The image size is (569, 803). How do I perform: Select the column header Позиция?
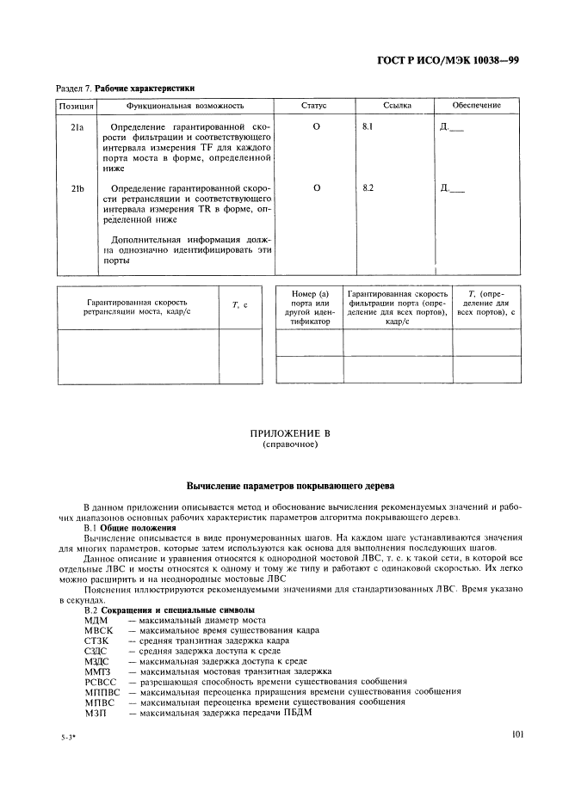click(x=75, y=106)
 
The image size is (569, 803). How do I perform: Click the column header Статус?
click(x=313, y=106)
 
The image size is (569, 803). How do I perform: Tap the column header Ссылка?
click(x=398, y=106)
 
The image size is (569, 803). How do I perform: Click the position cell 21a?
click(x=76, y=126)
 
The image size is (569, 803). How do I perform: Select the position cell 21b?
click(x=76, y=188)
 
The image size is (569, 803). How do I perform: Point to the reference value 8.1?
click(x=369, y=126)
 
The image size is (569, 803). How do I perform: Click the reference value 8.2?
click(x=369, y=188)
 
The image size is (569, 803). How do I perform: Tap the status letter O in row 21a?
click(x=316, y=126)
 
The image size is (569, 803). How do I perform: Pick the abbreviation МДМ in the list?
click(x=96, y=620)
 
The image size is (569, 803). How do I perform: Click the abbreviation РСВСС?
click(x=100, y=681)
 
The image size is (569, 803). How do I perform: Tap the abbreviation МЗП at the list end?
click(x=96, y=712)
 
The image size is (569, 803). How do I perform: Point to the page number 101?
click(x=517, y=734)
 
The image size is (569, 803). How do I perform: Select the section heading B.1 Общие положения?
click(x=127, y=527)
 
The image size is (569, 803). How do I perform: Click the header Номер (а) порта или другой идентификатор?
click(x=309, y=307)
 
